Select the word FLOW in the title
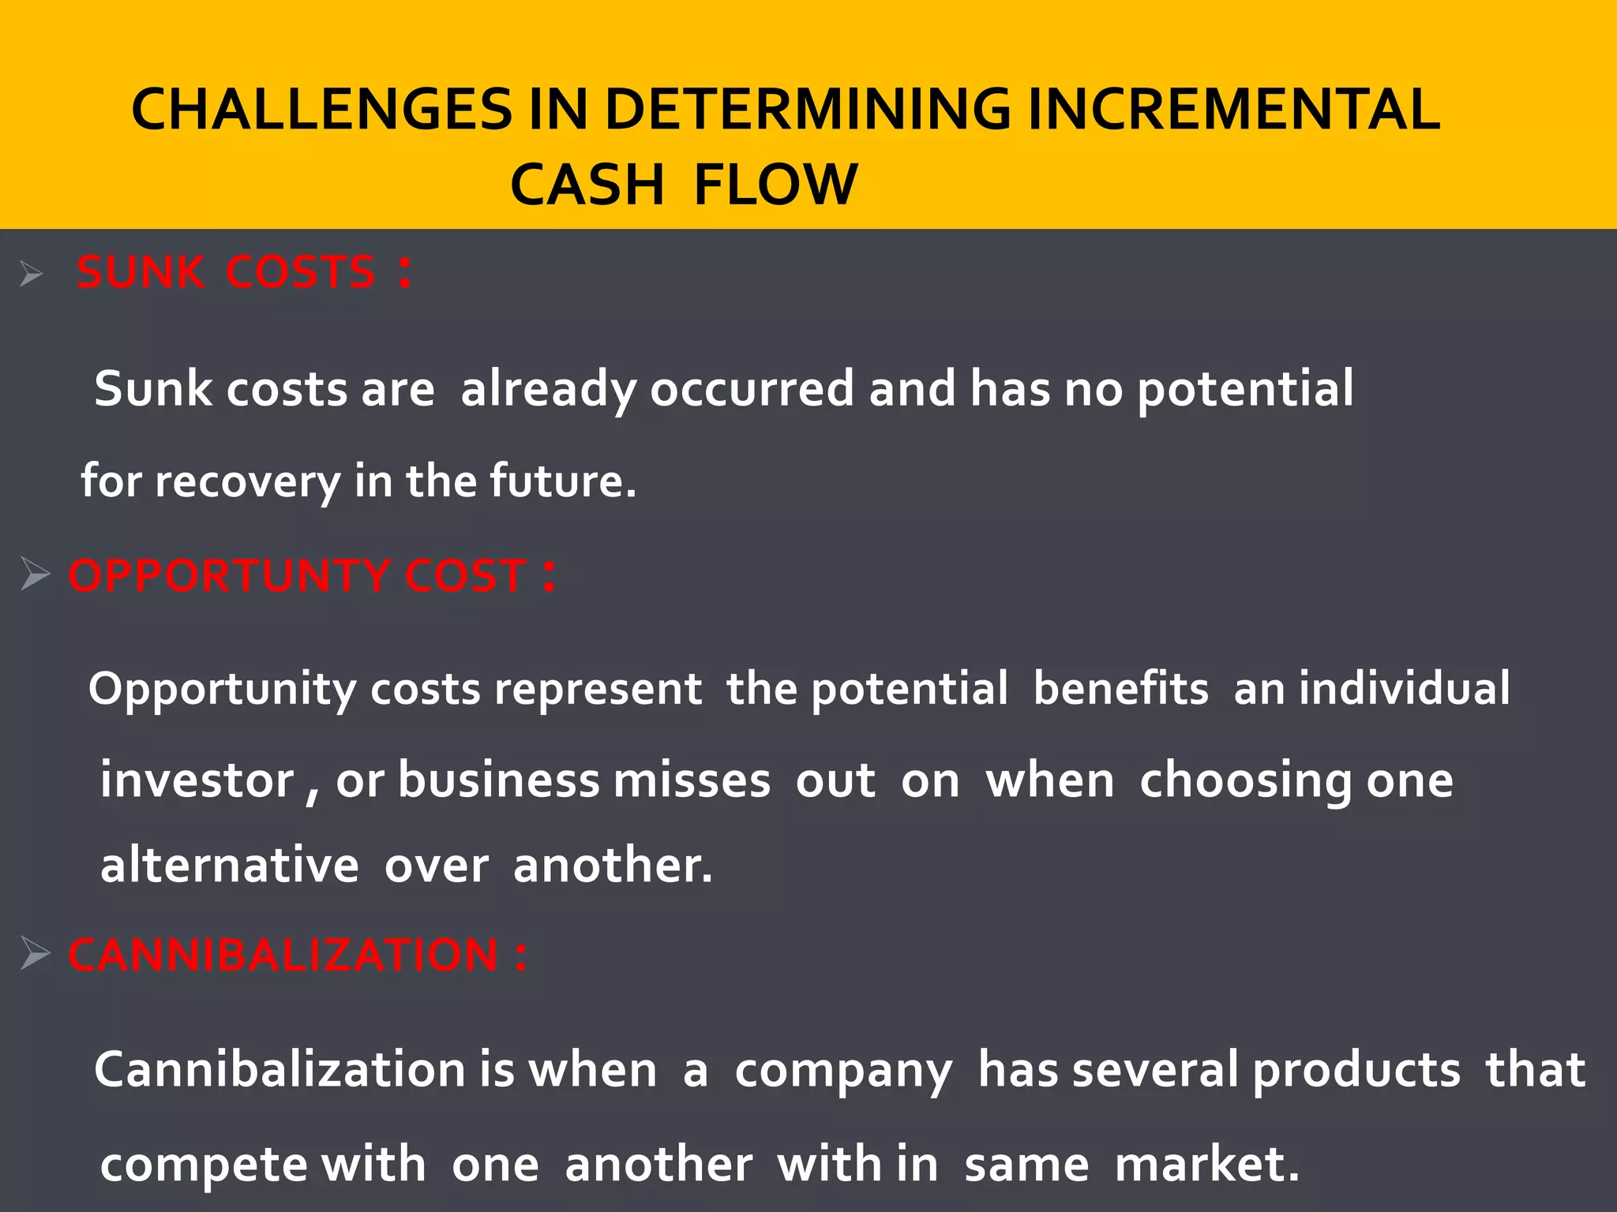point(775,185)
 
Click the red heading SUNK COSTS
point(226,272)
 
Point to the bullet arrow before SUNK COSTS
point(32,275)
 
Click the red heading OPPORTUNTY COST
point(297,575)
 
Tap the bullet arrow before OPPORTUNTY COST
point(35,574)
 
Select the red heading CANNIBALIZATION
point(283,955)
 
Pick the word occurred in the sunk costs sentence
point(752,389)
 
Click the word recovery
point(247,481)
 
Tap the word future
point(561,481)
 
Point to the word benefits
point(1120,688)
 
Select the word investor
point(197,780)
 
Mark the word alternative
point(230,865)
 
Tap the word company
point(843,1072)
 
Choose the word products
point(1356,1072)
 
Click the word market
point(1206,1165)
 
